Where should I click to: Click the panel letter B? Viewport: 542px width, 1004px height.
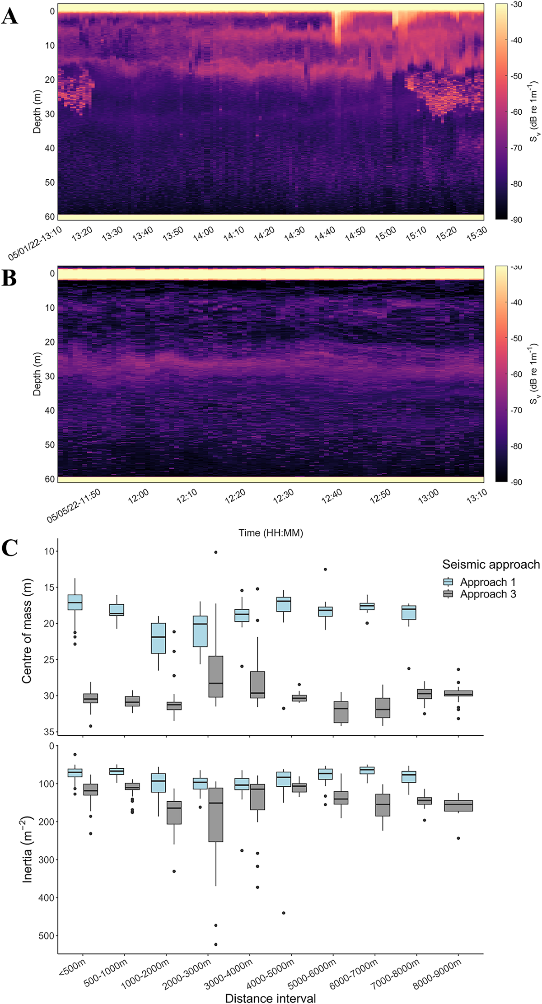(9, 279)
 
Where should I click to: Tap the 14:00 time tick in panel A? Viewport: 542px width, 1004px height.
(203, 233)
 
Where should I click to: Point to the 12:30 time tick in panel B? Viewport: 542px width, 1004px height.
(283, 496)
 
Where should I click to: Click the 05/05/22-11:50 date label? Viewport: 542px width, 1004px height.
(73, 505)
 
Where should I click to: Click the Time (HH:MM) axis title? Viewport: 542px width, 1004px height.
(271, 533)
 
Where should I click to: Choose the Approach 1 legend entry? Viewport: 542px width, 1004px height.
(487, 582)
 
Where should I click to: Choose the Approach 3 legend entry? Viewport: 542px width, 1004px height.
(487, 594)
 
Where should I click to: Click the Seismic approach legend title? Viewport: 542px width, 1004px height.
(491, 565)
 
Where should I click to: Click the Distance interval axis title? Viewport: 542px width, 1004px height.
(270, 998)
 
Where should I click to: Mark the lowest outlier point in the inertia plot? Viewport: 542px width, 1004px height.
(216, 944)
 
